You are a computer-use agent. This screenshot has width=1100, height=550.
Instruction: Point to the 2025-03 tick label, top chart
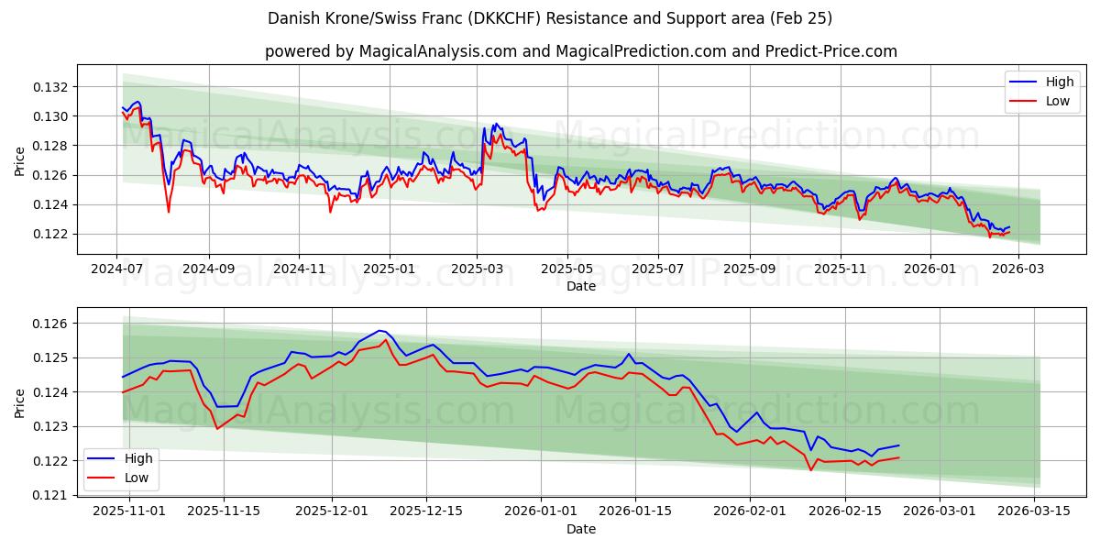click(x=477, y=269)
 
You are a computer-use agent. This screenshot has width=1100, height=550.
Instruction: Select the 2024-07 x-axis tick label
click(x=116, y=269)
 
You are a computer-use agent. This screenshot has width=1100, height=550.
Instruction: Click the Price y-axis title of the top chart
click(x=20, y=161)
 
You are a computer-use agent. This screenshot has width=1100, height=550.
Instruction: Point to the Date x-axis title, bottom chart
click(x=581, y=529)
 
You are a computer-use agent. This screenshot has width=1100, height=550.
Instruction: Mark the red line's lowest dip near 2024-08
click(x=169, y=212)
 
